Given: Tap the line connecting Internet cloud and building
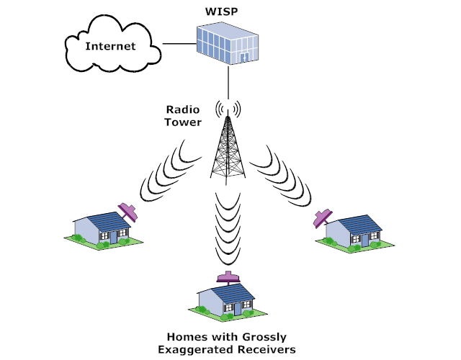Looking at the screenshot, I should click(179, 45).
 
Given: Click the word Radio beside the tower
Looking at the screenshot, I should click(182, 109).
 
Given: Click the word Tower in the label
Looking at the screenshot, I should click(182, 122).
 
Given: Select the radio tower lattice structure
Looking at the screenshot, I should click(228, 148).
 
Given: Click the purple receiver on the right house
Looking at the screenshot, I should click(323, 216).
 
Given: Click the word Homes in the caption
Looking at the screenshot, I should click(187, 336).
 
